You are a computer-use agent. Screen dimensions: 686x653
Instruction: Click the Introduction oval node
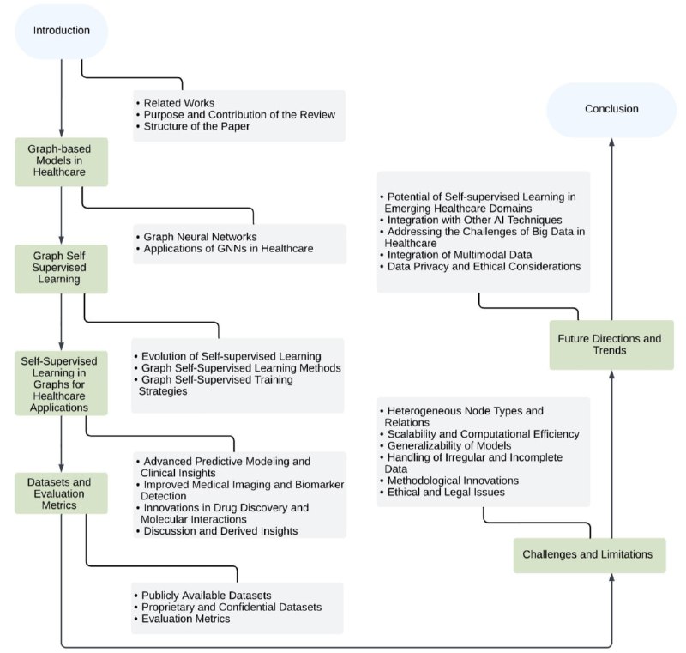point(61,31)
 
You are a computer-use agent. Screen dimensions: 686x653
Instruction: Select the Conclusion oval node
point(611,110)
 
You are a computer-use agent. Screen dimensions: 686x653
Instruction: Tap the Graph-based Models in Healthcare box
point(61,161)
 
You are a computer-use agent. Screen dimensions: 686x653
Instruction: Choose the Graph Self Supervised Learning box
point(61,269)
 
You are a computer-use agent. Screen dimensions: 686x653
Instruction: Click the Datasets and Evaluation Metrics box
point(61,493)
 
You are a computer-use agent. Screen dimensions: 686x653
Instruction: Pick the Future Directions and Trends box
point(611,345)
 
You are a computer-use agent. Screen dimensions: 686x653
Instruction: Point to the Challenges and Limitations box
point(589,555)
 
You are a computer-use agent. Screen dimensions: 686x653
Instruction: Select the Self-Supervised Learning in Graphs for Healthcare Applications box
point(61,384)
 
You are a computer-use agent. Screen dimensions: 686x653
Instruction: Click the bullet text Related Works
point(179,103)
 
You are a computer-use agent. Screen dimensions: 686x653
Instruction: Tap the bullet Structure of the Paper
point(196,126)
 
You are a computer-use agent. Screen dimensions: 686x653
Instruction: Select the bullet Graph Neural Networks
point(200,237)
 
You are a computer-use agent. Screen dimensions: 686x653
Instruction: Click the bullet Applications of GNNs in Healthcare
point(228,249)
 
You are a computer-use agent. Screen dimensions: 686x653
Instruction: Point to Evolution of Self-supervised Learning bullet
point(231,356)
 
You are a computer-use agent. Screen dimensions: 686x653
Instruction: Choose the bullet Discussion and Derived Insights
point(220,531)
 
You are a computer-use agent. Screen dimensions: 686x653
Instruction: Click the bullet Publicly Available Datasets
point(206,596)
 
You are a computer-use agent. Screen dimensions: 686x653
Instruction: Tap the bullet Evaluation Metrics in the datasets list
point(185,619)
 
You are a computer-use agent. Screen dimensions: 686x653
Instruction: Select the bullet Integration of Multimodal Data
point(460,255)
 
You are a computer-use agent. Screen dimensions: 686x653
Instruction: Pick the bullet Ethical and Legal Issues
point(446,493)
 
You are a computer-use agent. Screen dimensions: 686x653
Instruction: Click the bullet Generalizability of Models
point(448,446)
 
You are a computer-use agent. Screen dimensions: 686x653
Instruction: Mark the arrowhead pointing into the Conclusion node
point(611,142)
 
